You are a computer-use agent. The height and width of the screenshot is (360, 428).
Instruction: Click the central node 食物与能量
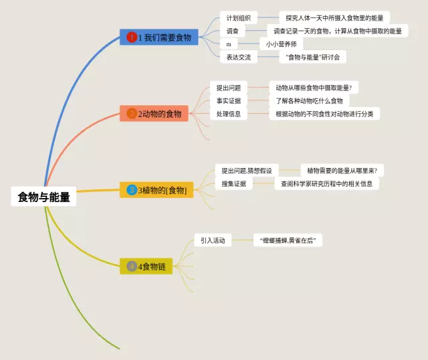tap(44, 197)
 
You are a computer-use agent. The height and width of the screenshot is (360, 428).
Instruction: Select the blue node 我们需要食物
tap(159, 37)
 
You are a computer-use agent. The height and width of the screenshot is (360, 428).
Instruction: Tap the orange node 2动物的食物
tap(154, 114)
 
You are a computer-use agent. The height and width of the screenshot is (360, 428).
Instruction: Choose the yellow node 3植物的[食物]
tap(159, 190)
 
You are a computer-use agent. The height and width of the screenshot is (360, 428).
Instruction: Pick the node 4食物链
tap(146, 266)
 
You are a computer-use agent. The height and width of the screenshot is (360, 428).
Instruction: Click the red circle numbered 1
tap(132, 37)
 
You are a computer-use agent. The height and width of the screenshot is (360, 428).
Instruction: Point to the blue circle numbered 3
tap(132, 190)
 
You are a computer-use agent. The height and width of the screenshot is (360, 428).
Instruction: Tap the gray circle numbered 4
tap(132, 266)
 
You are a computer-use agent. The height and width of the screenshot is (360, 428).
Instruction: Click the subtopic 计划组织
tap(238, 17)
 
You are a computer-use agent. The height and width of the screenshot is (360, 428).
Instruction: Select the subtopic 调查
tap(233, 31)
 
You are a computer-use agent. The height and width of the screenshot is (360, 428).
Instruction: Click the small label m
tap(229, 44)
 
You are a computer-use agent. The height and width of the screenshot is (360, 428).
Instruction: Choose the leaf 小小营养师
tap(280, 44)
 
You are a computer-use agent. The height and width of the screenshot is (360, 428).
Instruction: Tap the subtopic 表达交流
tap(238, 58)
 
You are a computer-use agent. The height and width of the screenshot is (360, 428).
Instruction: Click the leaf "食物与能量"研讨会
tap(312, 58)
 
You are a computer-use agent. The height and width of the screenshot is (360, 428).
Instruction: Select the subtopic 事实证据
tap(228, 101)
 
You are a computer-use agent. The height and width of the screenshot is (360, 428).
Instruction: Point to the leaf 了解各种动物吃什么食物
tap(309, 101)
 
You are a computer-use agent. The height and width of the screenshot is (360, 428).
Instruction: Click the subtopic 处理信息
tap(228, 114)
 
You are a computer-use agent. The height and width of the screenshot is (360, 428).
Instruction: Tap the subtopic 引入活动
tap(213, 240)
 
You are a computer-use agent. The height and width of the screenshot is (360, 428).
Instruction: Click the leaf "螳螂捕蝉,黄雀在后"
tap(287, 240)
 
